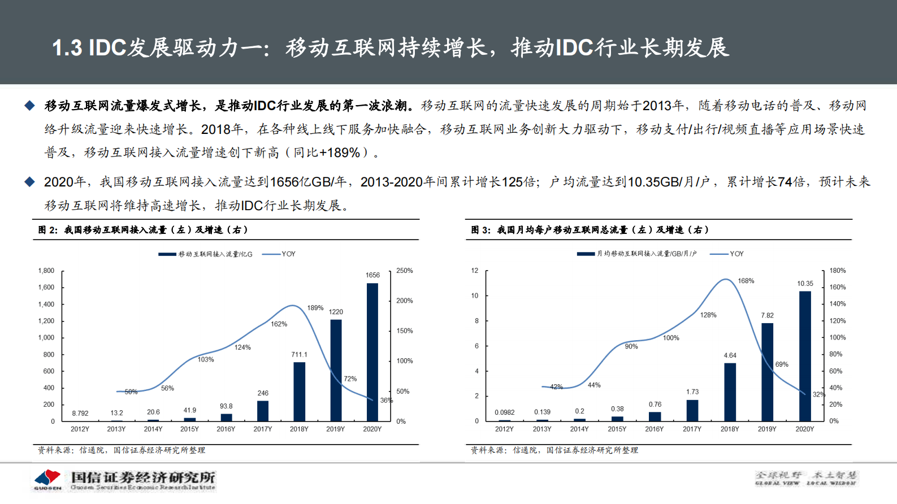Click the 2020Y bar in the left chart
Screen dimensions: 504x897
coord(372,352)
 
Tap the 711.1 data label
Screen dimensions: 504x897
coord(299,355)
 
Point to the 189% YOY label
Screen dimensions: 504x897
coord(315,308)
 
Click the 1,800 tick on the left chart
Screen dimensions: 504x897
coord(46,271)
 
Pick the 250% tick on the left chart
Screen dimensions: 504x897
coord(405,271)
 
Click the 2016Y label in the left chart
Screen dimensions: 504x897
coord(226,429)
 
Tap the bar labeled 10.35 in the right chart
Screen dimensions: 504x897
coord(805,356)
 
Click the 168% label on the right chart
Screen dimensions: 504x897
coord(746,281)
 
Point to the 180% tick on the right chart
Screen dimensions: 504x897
coord(838,271)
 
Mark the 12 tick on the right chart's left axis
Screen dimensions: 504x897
coord(475,271)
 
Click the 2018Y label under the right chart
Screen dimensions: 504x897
coord(730,429)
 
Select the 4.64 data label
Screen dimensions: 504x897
coord(730,355)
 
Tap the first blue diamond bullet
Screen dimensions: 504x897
coord(29,106)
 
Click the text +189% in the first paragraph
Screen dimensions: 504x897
coord(340,153)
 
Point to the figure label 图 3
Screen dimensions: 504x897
coord(481,230)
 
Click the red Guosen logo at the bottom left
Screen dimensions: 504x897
coord(47,478)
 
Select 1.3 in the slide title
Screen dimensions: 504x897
coord(67,48)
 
